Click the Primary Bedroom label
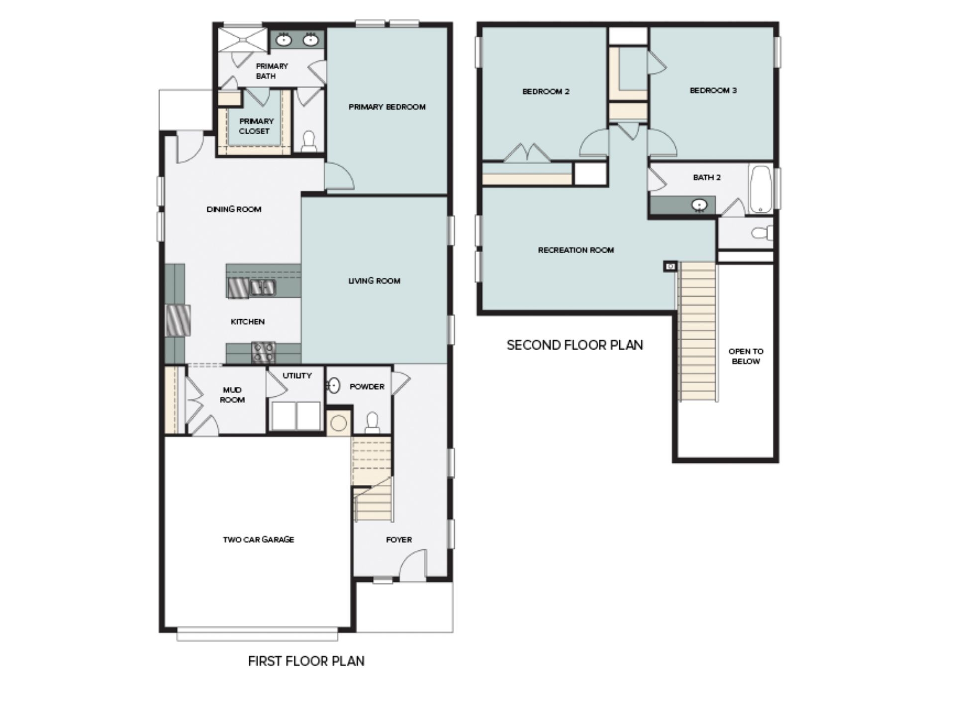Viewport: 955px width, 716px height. (x=387, y=107)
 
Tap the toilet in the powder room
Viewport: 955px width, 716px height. (x=372, y=423)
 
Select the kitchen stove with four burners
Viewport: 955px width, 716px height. (x=263, y=352)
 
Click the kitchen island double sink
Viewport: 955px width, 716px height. (x=263, y=287)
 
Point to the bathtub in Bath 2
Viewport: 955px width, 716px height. (x=760, y=189)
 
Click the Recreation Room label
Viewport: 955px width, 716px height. (x=575, y=250)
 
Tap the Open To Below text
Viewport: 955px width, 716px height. (x=746, y=356)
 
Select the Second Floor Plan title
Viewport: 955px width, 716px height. (x=574, y=345)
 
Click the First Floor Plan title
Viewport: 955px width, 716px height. (x=306, y=661)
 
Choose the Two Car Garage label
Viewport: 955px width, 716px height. (x=258, y=539)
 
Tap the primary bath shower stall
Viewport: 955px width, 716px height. (x=243, y=39)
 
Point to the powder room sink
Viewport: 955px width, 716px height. (x=334, y=385)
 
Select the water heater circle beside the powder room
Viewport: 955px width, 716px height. (x=339, y=424)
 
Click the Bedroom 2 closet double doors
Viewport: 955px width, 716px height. (x=527, y=153)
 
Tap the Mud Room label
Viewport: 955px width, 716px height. (x=232, y=395)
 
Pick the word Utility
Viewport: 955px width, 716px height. (x=297, y=376)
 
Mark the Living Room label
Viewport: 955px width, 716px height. (x=374, y=281)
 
